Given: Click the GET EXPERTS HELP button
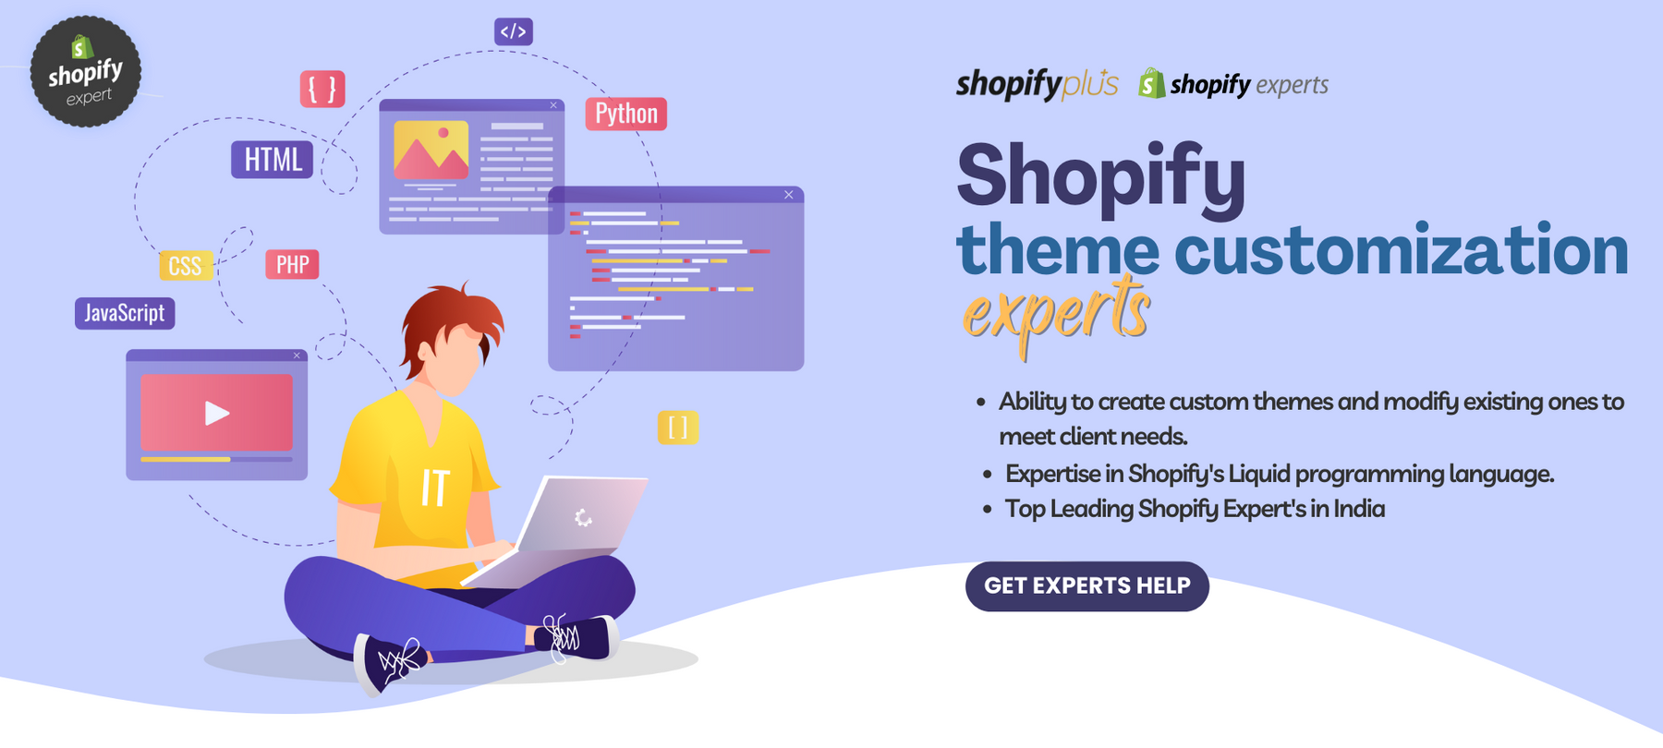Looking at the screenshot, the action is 1087,586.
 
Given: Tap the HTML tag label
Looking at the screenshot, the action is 273,160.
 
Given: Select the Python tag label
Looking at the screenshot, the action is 626,114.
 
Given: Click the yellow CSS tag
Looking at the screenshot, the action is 186,266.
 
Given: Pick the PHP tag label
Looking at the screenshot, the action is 293,265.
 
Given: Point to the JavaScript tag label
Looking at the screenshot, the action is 125,313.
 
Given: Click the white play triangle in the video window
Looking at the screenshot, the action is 217,413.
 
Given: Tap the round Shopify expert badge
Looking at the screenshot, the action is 85,71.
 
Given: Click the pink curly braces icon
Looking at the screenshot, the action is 322,90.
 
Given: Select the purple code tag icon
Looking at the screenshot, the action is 514,31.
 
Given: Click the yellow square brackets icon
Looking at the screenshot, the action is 678,428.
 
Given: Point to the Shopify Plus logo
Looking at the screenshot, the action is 1037,84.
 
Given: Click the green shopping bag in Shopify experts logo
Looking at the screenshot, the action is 1151,83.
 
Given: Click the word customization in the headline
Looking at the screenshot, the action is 1401,250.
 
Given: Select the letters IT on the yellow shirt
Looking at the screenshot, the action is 435,488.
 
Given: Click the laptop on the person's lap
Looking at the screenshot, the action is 564,526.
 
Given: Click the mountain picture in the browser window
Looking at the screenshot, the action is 431,150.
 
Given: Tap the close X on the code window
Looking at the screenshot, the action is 789,195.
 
